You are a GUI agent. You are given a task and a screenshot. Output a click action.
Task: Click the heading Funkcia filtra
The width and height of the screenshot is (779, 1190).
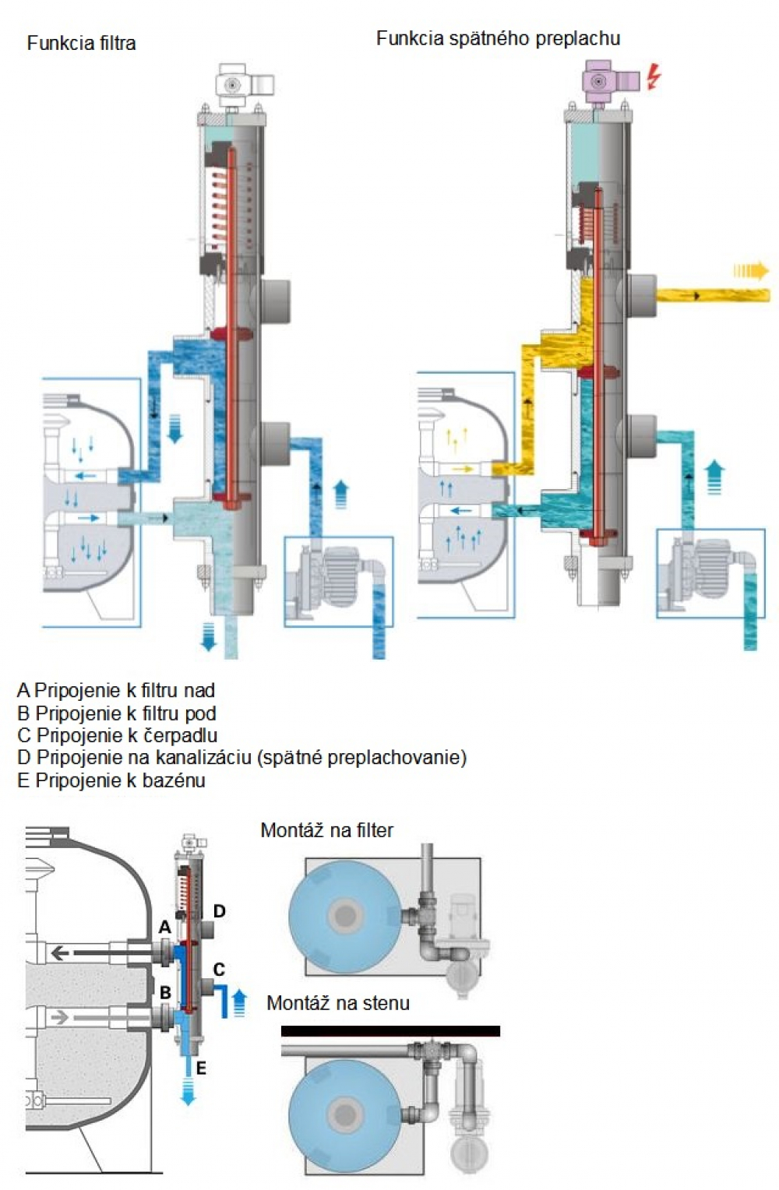pyautogui.click(x=81, y=43)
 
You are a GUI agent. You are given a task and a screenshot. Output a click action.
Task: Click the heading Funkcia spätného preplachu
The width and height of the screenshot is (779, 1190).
pyautogui.click(x=498, y=38)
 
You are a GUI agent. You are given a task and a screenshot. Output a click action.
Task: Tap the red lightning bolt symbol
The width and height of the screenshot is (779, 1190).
pyautogui.click(x=654, y=76)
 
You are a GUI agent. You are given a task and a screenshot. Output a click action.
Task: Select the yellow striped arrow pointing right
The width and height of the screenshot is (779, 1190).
pyautogui.click(x=750, y=271)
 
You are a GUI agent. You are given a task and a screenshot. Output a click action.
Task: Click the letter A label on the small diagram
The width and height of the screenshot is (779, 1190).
pyautogui.click(x=164, y=927)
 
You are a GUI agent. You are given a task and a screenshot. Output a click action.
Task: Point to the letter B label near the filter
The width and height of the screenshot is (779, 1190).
pyautogui.click(x=165, y=993)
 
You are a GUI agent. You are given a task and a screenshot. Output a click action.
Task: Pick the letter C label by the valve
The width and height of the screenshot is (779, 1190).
pyautogui.click(x=219, y=970)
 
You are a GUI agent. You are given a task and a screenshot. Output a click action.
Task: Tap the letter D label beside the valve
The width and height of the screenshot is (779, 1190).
pyautogui.click(x=220, y=911)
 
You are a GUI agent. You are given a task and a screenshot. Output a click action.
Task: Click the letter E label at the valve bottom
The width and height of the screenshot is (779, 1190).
pyautogui.click(x=200, y=1068)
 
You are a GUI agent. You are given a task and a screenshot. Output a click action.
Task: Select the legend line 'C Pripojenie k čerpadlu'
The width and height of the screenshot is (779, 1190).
pyautogui.click(x=117, y=735)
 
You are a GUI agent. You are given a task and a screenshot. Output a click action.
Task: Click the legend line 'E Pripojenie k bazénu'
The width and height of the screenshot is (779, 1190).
pyautogui.click(x=111, y=780)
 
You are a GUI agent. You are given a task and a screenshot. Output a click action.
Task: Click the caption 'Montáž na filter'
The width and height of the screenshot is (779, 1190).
pyautogui.click(x=326, y=830)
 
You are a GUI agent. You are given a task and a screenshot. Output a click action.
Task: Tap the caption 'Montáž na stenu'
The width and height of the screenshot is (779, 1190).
pyautogui.click(x=337, y=1003)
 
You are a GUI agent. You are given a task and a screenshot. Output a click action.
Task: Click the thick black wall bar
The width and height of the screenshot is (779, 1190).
pyautogui.click(x=390, y=1031)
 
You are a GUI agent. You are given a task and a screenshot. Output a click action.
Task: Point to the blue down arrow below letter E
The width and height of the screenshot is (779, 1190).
pyautogui.click(x=188, y=1090)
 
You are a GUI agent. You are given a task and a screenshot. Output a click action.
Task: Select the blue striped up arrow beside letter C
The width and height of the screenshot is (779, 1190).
pyautogui.click(x=239, y=1003)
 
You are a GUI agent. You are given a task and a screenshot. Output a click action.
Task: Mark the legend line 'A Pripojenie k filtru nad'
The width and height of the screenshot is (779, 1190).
pyautogui.click(x=116, y=690)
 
